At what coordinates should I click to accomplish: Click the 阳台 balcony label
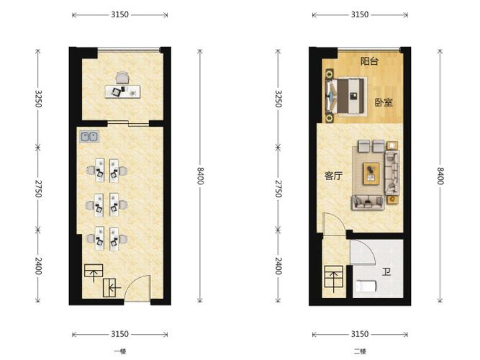pos(369,61)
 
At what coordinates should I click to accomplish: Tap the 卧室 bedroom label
pos(384,102)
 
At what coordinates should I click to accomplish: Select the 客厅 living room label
pos(333,176)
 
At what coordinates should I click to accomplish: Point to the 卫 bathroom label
pos(386,271)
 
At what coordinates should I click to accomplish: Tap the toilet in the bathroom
pos(366,286)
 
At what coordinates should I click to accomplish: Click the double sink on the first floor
pos(89,137)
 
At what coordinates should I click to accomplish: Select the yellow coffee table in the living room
pos(371,174)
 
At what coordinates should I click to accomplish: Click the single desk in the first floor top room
pos(122,91)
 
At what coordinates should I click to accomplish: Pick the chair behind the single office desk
pos(122,78)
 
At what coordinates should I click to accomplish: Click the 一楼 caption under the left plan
pos(120,351)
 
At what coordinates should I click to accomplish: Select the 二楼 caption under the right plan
pos(360,351)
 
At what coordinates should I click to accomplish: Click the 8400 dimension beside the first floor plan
pos(200,176)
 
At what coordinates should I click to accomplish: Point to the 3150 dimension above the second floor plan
pos(360,14)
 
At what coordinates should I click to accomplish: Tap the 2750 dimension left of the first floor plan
pos(38,189)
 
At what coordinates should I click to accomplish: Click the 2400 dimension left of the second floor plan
pos(278,266)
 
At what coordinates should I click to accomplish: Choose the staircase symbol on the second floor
pos(334,276)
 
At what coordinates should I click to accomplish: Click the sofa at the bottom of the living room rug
pos(368,202)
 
